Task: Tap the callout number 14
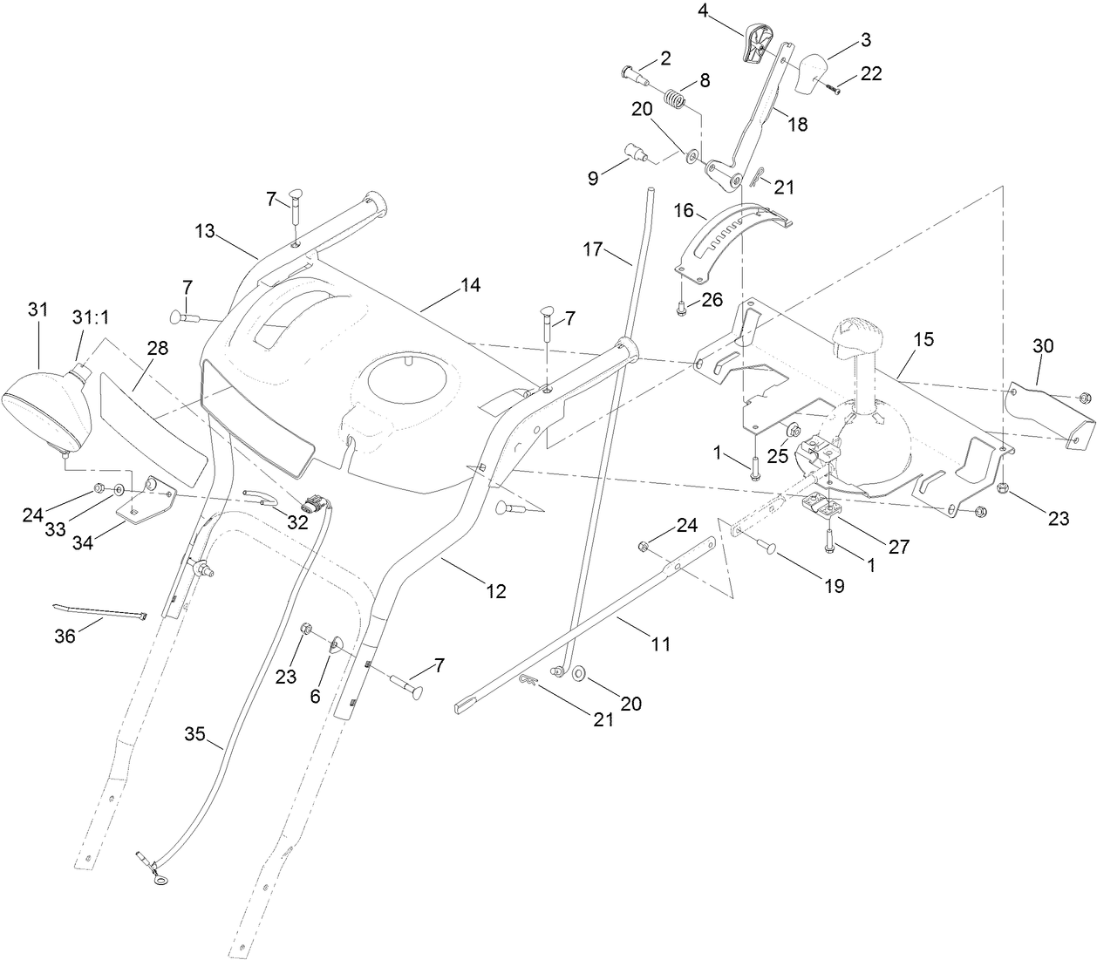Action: pos(471,286)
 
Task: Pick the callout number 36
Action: pos(65,637)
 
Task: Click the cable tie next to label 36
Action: pos(100,610)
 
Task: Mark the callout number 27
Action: pos(898,547)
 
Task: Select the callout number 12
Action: pos(495,591)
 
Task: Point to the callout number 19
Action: pos(835,586)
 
